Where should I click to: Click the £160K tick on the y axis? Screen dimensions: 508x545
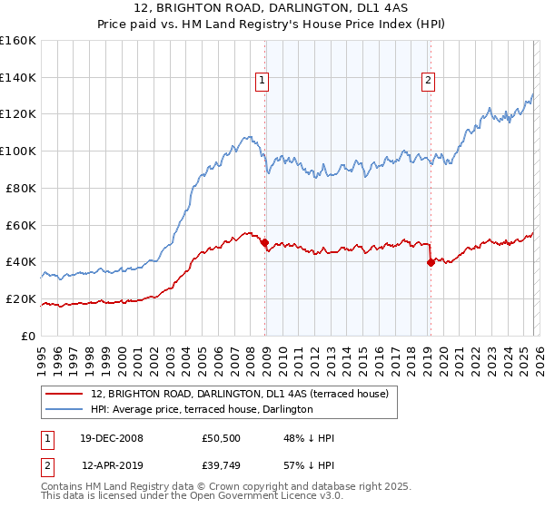18,41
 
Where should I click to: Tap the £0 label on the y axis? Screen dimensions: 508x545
29,336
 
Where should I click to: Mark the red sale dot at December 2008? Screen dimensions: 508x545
264,242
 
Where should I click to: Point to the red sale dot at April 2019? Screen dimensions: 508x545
430,262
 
